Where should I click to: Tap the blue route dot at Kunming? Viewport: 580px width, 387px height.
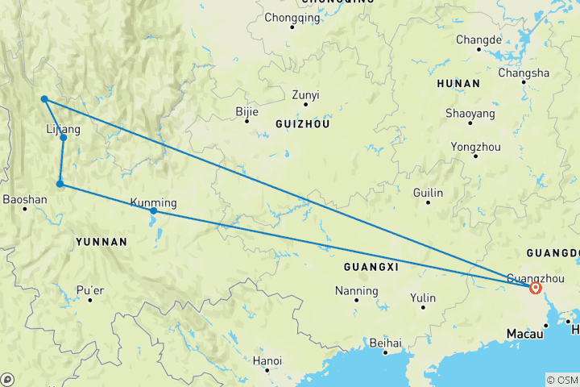coord(153,211)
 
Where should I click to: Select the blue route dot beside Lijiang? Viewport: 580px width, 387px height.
coord(63,138)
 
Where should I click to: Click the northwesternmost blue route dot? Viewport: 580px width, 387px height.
coord(44,99)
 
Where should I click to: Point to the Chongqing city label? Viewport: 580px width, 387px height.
coord(292,17)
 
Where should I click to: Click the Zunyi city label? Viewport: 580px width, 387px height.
coord(305,95)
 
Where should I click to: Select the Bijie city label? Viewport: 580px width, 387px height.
coord(246,112)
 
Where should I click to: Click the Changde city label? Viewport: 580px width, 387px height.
coord(478,40)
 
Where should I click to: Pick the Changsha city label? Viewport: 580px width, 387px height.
coord(524,73)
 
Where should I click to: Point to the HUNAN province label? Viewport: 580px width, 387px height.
coord(458,84)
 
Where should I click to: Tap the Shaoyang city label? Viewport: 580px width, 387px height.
coord(470,114)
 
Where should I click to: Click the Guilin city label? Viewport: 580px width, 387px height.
coord(428,193)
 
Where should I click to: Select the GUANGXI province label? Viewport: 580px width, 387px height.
coord(371,266)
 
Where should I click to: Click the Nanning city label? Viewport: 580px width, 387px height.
coord(356,290)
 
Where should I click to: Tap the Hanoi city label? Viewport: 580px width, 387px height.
coord(267,360)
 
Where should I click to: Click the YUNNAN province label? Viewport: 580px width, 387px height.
coord(101,241)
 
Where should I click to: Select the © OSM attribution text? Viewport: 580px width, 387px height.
coord(562,380)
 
